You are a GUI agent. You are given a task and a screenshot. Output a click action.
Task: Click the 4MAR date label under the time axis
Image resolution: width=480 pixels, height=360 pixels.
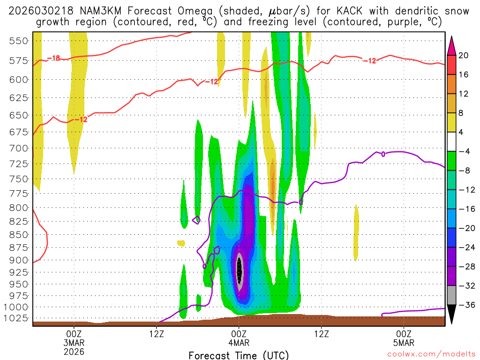point(239,342)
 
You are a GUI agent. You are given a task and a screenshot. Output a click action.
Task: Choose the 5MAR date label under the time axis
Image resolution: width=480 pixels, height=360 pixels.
point(404,342)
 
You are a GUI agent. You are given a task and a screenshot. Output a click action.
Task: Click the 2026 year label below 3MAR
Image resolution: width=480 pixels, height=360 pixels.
point(74,351)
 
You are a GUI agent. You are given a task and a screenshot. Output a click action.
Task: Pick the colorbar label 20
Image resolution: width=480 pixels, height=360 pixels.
point(464,55)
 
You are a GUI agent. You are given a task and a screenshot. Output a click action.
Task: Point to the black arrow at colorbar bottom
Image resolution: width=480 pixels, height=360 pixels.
point(452,315)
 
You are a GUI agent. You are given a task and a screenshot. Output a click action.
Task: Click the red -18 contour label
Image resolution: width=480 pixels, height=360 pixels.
point(54,59)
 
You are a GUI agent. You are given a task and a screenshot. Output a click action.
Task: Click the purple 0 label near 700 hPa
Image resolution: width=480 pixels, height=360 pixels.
point(383,154)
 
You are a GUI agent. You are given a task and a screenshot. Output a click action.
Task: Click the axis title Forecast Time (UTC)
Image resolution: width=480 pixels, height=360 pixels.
point(239,355)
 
